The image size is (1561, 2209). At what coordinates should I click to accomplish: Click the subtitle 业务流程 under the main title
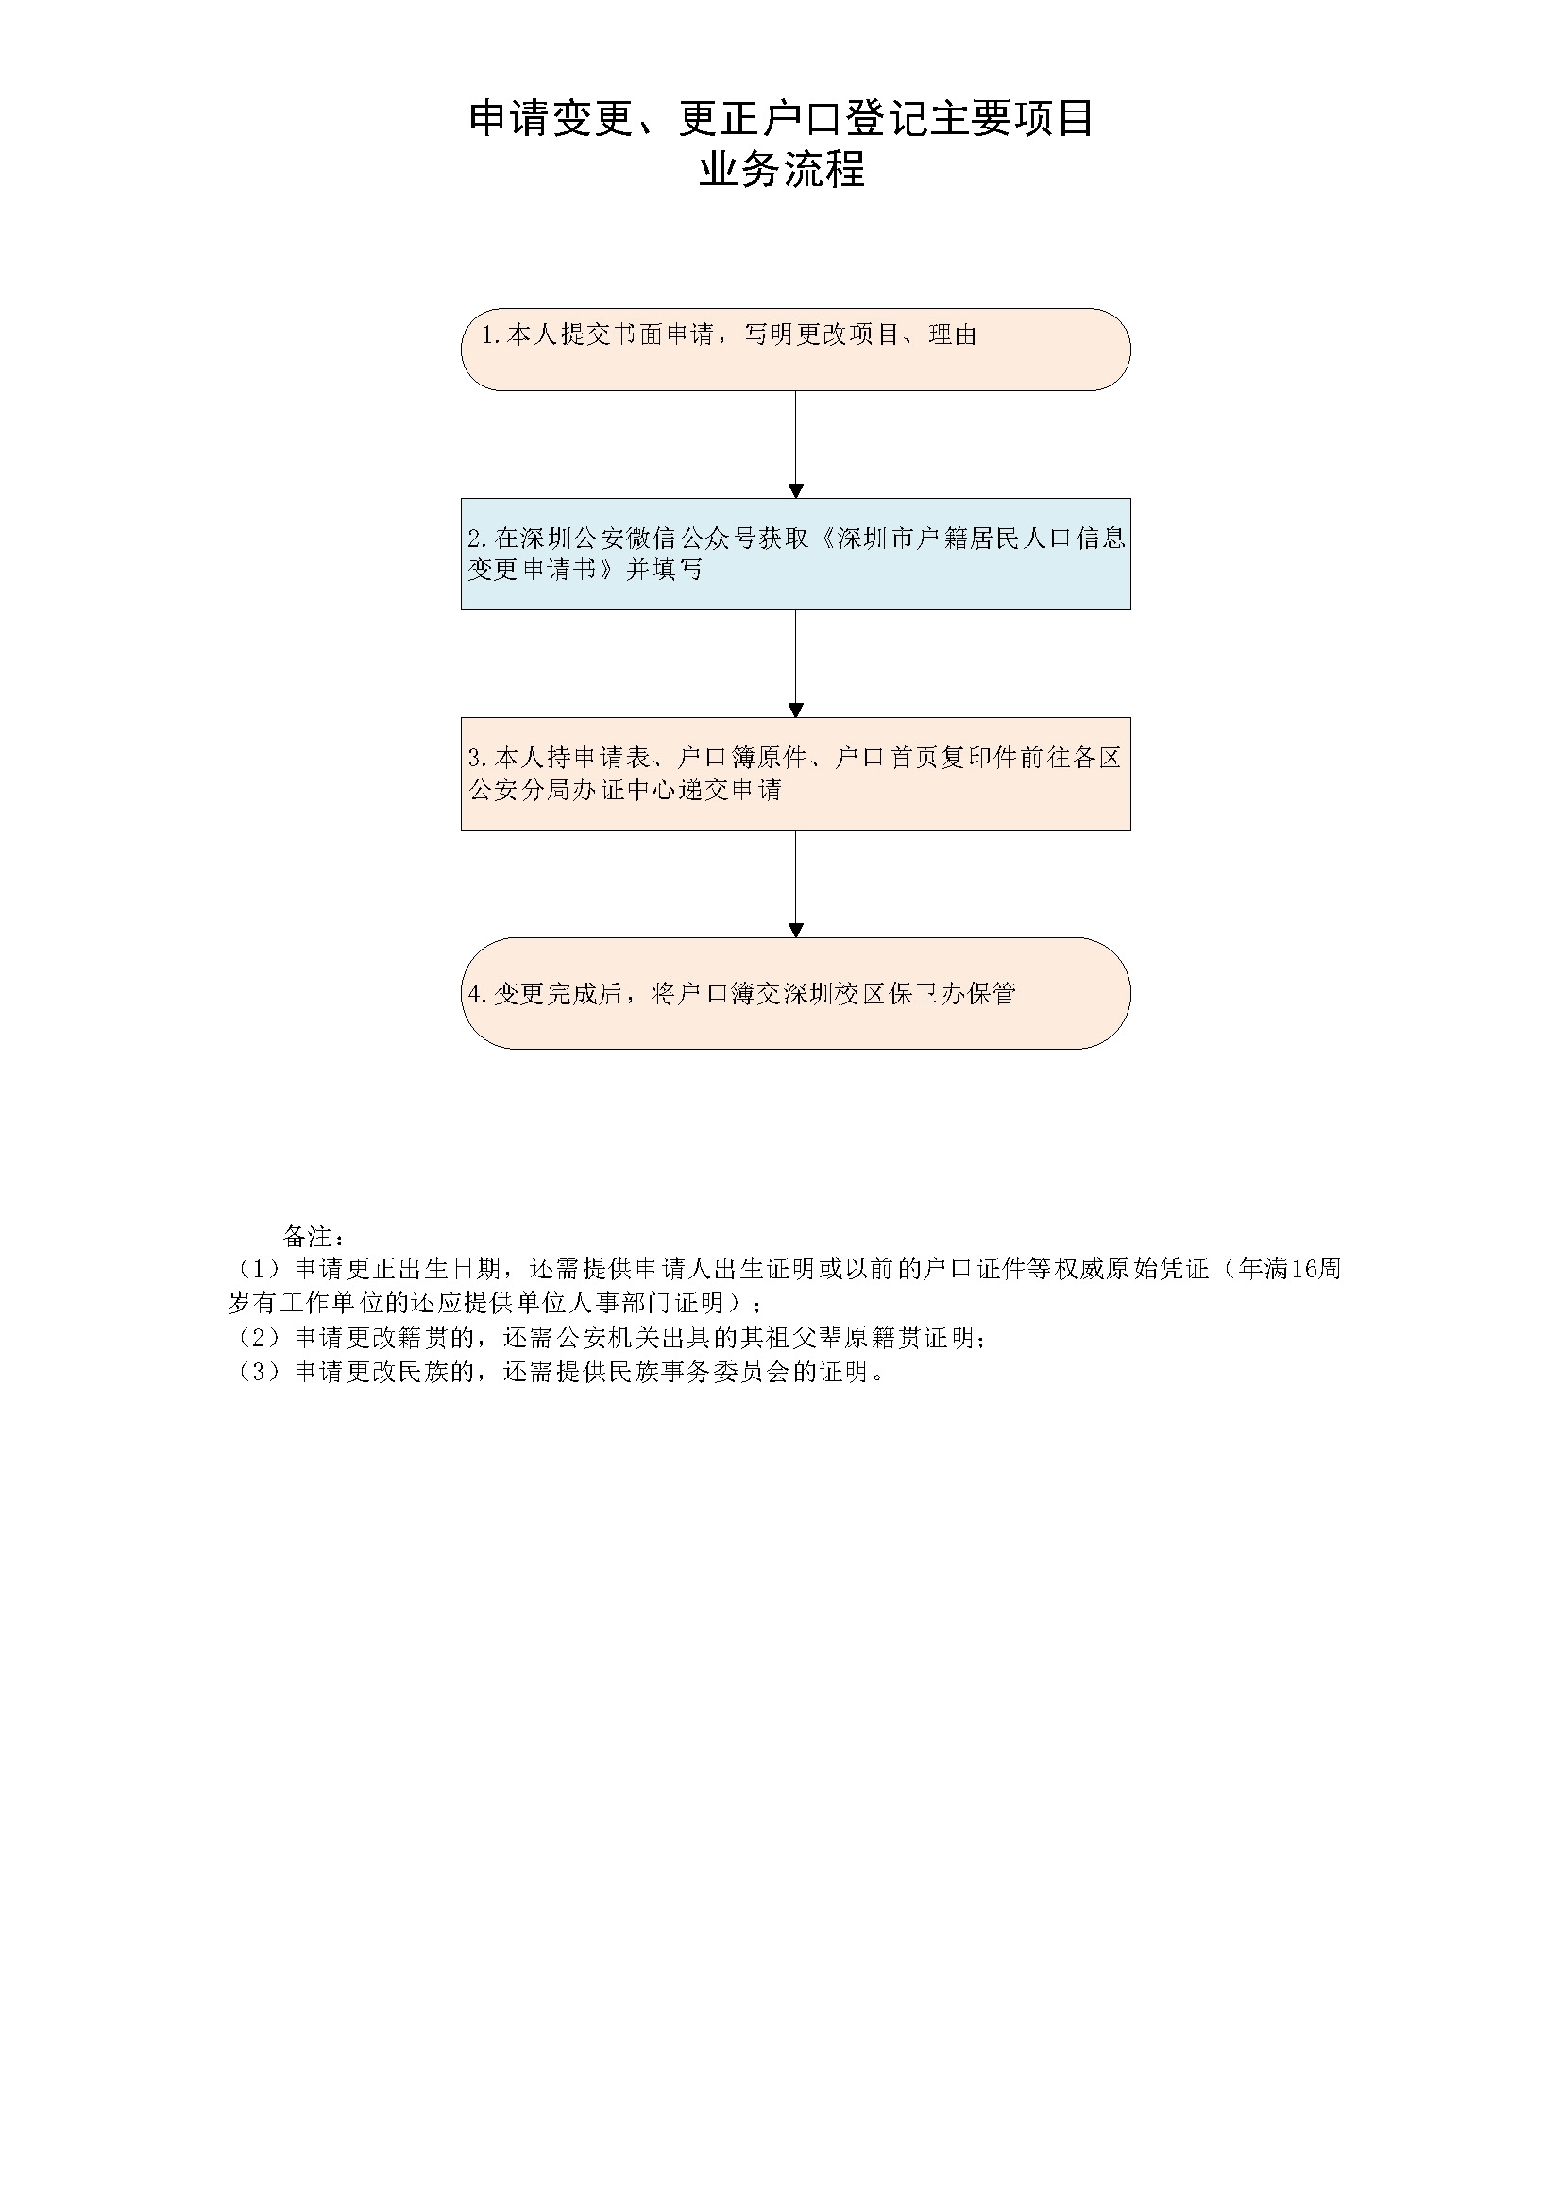pyautogui.click(x=781, y=169)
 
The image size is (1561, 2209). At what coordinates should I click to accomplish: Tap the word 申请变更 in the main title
pyautogui.click(x=551, y=118)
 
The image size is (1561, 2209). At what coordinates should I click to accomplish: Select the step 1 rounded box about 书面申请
pyautogui.click(x=795, y=350)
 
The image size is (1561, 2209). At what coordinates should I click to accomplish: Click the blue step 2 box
pyautogui.click(x=795, y=555)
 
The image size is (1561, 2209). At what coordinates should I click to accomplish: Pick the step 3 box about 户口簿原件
pyautogui.click(x=795, y=774)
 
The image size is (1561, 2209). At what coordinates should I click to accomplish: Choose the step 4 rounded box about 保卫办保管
pyautogui.click(x=795, y=993)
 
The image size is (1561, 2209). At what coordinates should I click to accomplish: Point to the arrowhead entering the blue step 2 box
pyautogui.click(x=795, y=491)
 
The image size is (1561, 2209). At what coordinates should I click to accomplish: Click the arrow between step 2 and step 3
pyautogui.click(x=795, y=664)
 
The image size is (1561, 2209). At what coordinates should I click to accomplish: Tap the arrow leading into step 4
pyautogui.click(x=795, y=883)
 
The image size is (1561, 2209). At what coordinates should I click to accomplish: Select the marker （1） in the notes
pyautogui.click(x=258, y=1269)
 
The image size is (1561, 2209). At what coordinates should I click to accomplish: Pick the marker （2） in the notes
pyautogui.click(x=258, y=1337)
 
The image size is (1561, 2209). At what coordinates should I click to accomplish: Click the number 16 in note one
pyautogui.click(x=1302, y=1269)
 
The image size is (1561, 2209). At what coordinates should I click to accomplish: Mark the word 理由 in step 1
pyautogui.click(x=953, y=334)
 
